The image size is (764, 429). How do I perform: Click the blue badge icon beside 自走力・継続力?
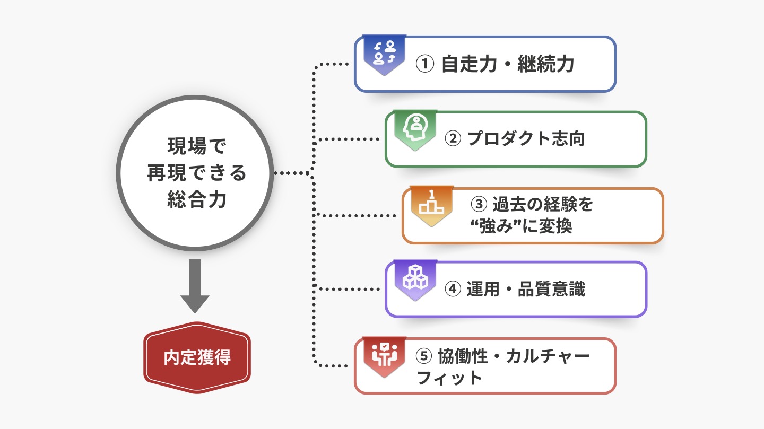pos(385,53)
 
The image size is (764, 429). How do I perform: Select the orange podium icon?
pos(432,205)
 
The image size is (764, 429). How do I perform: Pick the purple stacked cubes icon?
pos(415,278)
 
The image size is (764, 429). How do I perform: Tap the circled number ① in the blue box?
pos(425,65)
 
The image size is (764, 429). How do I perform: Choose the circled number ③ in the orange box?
pos(479,204)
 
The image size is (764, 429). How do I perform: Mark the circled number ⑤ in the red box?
pos(425,356)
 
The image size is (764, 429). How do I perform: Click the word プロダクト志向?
pos(526,139)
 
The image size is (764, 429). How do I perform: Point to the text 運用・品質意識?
pos(526,290)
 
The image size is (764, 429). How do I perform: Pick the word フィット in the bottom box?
pos(449,378)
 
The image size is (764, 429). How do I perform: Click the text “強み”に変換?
pos(521,226)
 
